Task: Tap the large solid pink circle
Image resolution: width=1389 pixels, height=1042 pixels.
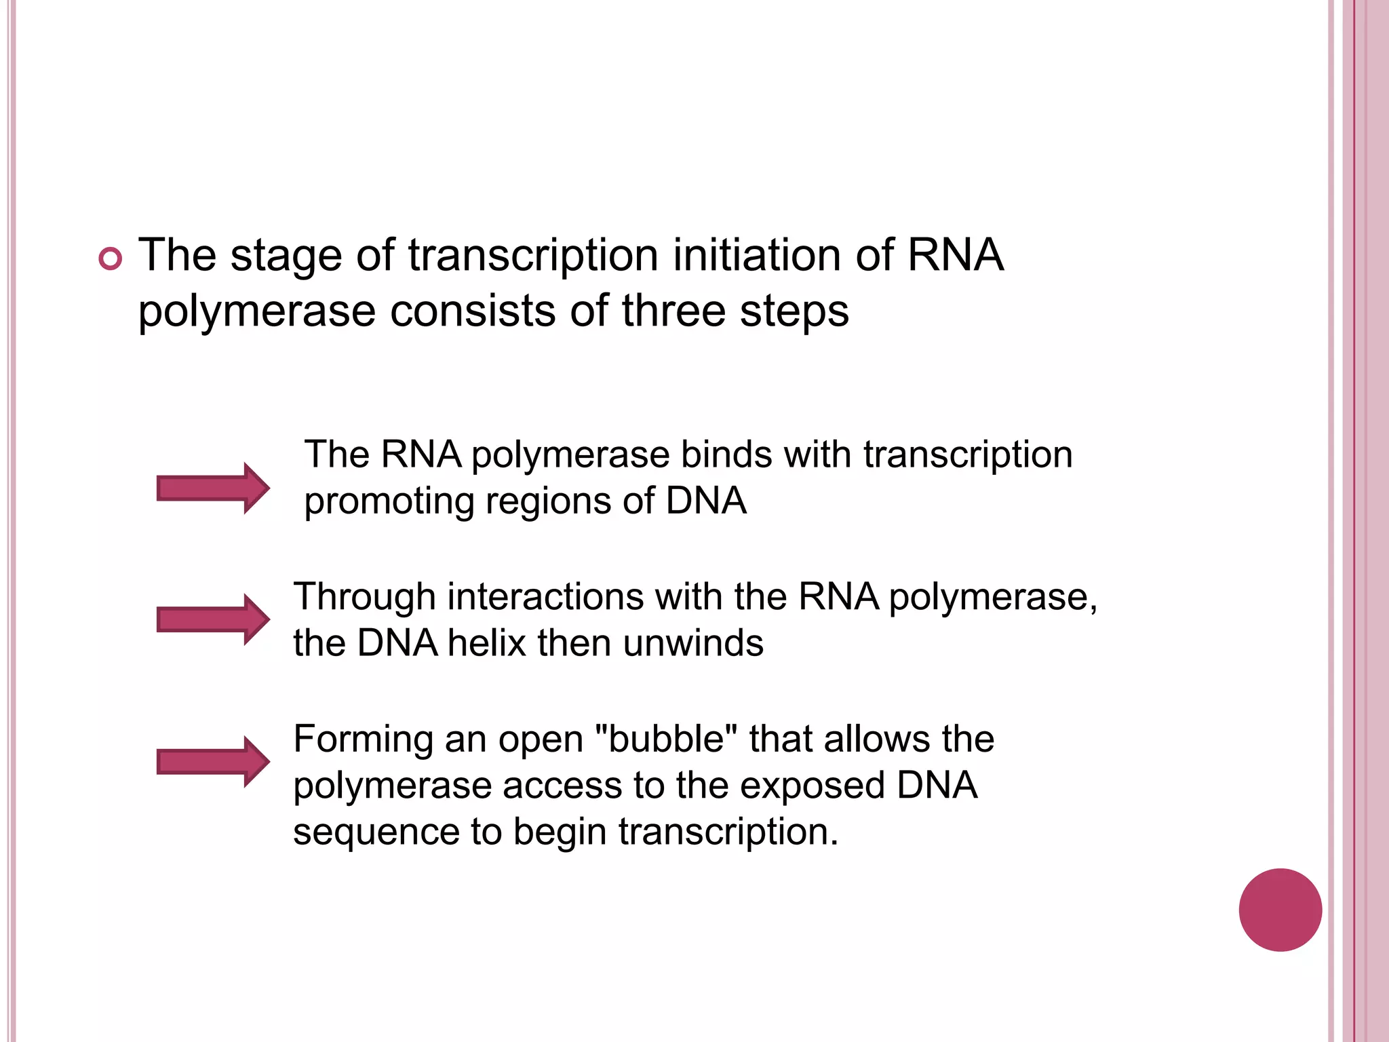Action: (x=1280, y=910)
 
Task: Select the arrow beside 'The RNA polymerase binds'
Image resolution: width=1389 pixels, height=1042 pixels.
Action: (x=213, y=488)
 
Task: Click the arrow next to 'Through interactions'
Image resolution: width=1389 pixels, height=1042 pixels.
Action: (x=213, y=619)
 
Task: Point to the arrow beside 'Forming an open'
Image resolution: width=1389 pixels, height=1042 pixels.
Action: (x=213, y=762)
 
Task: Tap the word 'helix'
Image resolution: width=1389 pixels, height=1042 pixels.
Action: (x=486, y=643)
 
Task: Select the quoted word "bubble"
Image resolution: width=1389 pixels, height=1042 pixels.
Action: (x=665, y=739)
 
